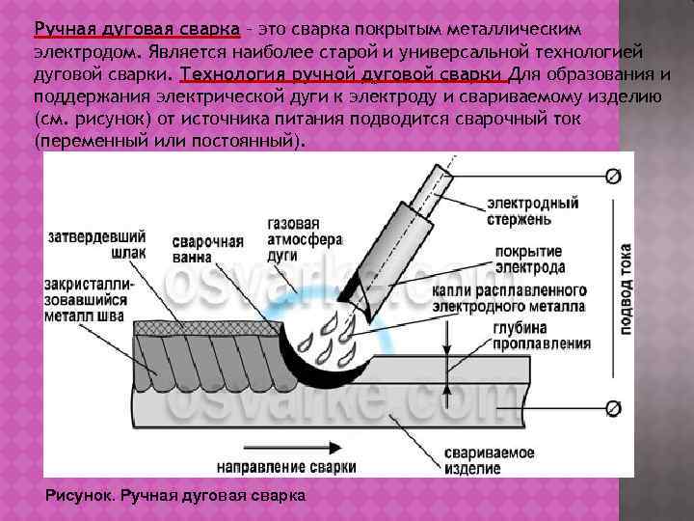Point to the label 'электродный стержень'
pyautogui.click(x=532, y=211)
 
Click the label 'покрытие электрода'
pyautogui.click(x=530, y=259)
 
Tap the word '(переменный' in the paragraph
pyautogui.click(x=85, y=140)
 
